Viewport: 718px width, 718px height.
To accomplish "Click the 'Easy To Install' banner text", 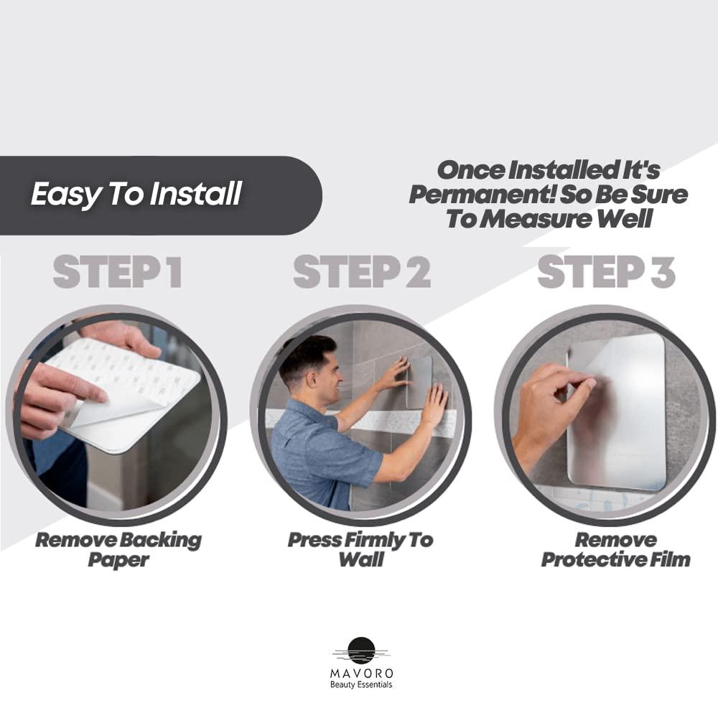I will click(x=136, y=194).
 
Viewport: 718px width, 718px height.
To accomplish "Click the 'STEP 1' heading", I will click(x=117, y=272).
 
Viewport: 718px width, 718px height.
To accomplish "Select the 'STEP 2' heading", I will click(x=361, y=272).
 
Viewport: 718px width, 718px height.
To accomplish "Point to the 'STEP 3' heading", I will click(x=606, y=272).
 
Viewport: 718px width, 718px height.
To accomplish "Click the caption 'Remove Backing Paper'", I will click(x=118, y=549).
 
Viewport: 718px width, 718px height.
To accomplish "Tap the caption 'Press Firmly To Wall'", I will click(x=360, y=549).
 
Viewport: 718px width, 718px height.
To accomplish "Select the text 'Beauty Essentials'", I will click(x=361, y=685).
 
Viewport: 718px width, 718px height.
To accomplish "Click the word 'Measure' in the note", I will click(x=549, y=219).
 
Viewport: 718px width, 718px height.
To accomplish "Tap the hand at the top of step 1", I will click(x=129, y=337).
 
